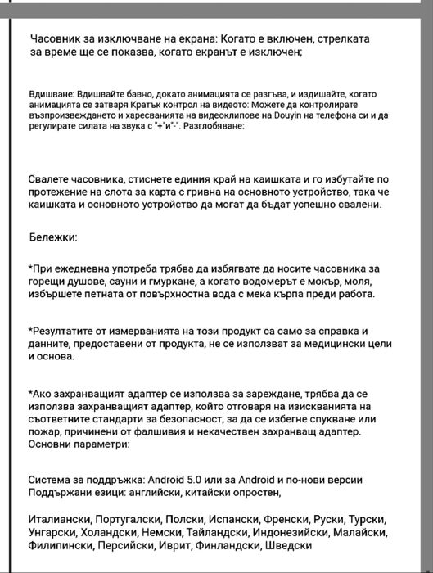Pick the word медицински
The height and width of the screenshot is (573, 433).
pyautogui.click(x=321, y=345)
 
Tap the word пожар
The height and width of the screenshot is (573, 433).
pyautogui.click(x=45, y=432)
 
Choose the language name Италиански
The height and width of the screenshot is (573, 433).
pyautogui.click(x=59, y=520)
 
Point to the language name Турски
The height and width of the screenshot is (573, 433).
pyautogui.click(x=368, y=520)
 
